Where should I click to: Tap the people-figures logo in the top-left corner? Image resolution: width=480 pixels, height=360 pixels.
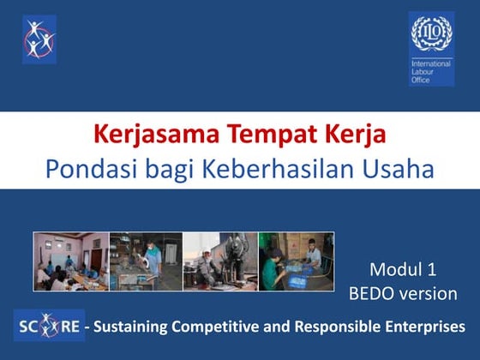39,39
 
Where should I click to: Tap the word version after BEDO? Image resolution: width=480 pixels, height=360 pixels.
429,293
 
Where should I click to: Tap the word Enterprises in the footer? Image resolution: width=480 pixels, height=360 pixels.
426,327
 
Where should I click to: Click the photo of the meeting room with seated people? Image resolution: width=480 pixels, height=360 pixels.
71,261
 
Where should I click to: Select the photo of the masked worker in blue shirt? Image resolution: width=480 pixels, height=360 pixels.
146,261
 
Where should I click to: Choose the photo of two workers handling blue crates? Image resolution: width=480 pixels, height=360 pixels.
297,261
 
